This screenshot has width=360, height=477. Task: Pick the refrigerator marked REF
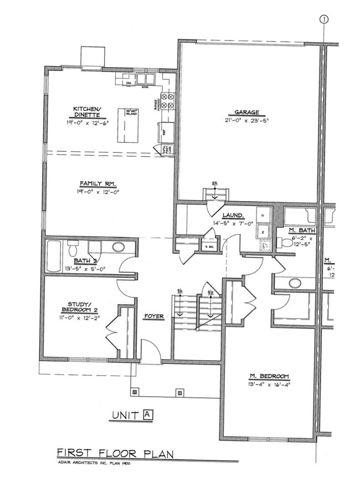tap(164, 132)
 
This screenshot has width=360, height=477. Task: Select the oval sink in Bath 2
tap(118, 247)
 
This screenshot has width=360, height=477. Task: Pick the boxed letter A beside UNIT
tap(147, 413)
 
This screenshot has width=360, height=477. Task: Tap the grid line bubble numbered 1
tap(323, 20)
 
